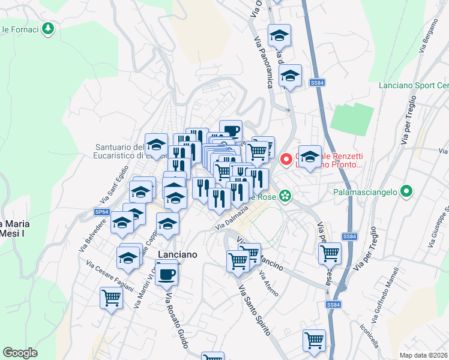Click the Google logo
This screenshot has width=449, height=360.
(x=20, y=353)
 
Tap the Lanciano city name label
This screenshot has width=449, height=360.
(x=177, y=254)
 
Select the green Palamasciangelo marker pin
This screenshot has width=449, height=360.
(x=406, y=193)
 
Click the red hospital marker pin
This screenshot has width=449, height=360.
(x=286, y=159)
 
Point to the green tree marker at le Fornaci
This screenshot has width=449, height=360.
(x=48, y=28)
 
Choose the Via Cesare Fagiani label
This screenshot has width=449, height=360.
(x=109, y=275)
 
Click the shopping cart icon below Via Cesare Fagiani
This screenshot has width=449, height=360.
(x=111, y=297)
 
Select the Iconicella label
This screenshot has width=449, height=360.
(x=369, y=336)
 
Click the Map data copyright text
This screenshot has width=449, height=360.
(x=424, y=355)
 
